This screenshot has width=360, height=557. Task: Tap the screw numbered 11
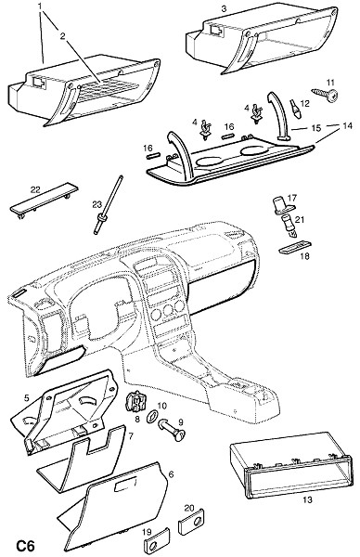(325, 94)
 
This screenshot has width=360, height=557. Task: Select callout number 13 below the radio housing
(307, 499)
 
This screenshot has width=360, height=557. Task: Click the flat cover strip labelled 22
(44, 200)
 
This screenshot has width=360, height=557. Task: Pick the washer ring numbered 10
(153, 416)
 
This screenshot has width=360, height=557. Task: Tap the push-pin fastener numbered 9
(172, 429)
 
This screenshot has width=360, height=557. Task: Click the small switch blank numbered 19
(155, 542)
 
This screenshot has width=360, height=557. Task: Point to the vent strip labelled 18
(295, 247)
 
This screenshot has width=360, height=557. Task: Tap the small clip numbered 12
(295, 109)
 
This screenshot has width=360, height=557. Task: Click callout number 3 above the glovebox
(224, 8)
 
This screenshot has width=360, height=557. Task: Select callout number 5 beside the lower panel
(27, 398)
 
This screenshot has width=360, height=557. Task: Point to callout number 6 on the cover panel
(171, 474)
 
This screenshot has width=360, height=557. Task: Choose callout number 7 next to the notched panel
(130, 436)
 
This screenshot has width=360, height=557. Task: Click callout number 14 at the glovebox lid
(348, 125)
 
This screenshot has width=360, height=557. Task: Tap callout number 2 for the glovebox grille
(63, 36)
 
